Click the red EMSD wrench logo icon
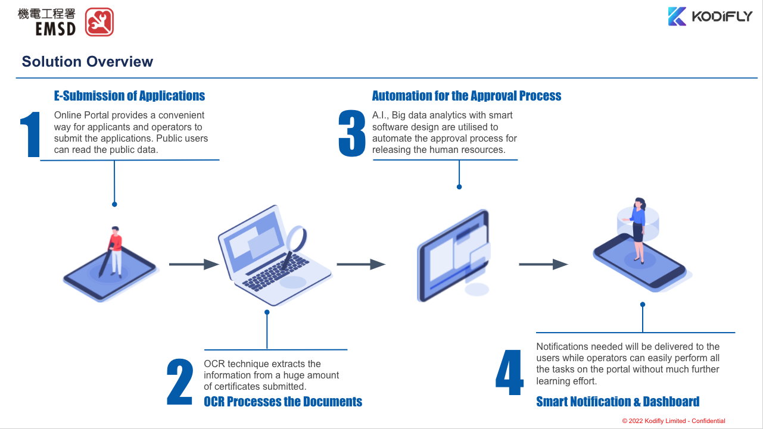(x=99, y=22)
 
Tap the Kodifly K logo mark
(x=677, y=16)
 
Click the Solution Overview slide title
(x=88, y=62)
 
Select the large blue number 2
(x=180, y=382)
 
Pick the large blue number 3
(x=352, y=135)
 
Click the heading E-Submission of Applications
(x=129, y=96)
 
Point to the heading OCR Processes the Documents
(x=283, y=402)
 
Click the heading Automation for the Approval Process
(x=466, y=96)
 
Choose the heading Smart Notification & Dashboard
(x=618, y=402)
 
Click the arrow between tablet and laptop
(x=194, y=264)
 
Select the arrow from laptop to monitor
(x=361, y=264)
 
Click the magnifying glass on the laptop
(x=296, y=239)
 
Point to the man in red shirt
(x=115, y=250)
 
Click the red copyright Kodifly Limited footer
(x=674, y=421)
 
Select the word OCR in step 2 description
(x=213, y=364)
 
